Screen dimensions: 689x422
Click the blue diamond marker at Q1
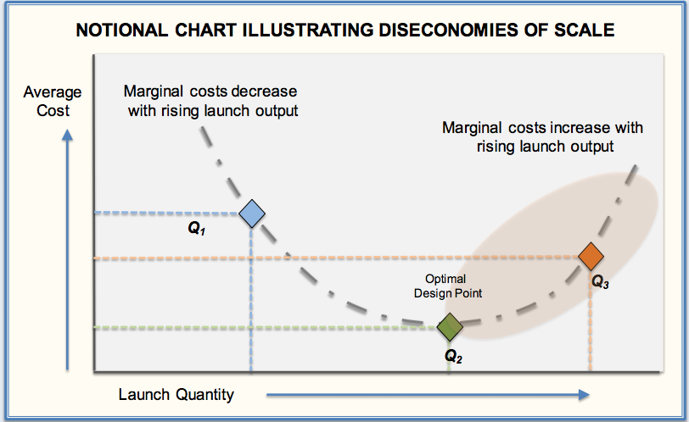pos(252,214)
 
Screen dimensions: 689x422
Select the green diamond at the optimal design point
pos(450,327)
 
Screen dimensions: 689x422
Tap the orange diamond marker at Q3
pos(591,256)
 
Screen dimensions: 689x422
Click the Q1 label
pos(196,228)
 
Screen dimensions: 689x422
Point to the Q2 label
pos(453,356)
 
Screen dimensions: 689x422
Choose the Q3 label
pos(600,281)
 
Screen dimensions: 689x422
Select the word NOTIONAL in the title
pos(121,31)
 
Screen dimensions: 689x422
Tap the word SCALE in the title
pos(584,31)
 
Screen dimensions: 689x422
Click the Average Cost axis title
pos(53,102)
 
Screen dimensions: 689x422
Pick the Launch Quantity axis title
pos(176,394)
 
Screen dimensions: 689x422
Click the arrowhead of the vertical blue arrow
pos(67,135)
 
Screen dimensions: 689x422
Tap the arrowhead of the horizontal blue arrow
pos(584,395)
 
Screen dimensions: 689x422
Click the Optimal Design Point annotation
pos(448,286)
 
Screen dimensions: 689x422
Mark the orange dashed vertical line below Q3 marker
pos(590,321)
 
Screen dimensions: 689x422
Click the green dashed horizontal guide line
pos(266,328)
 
